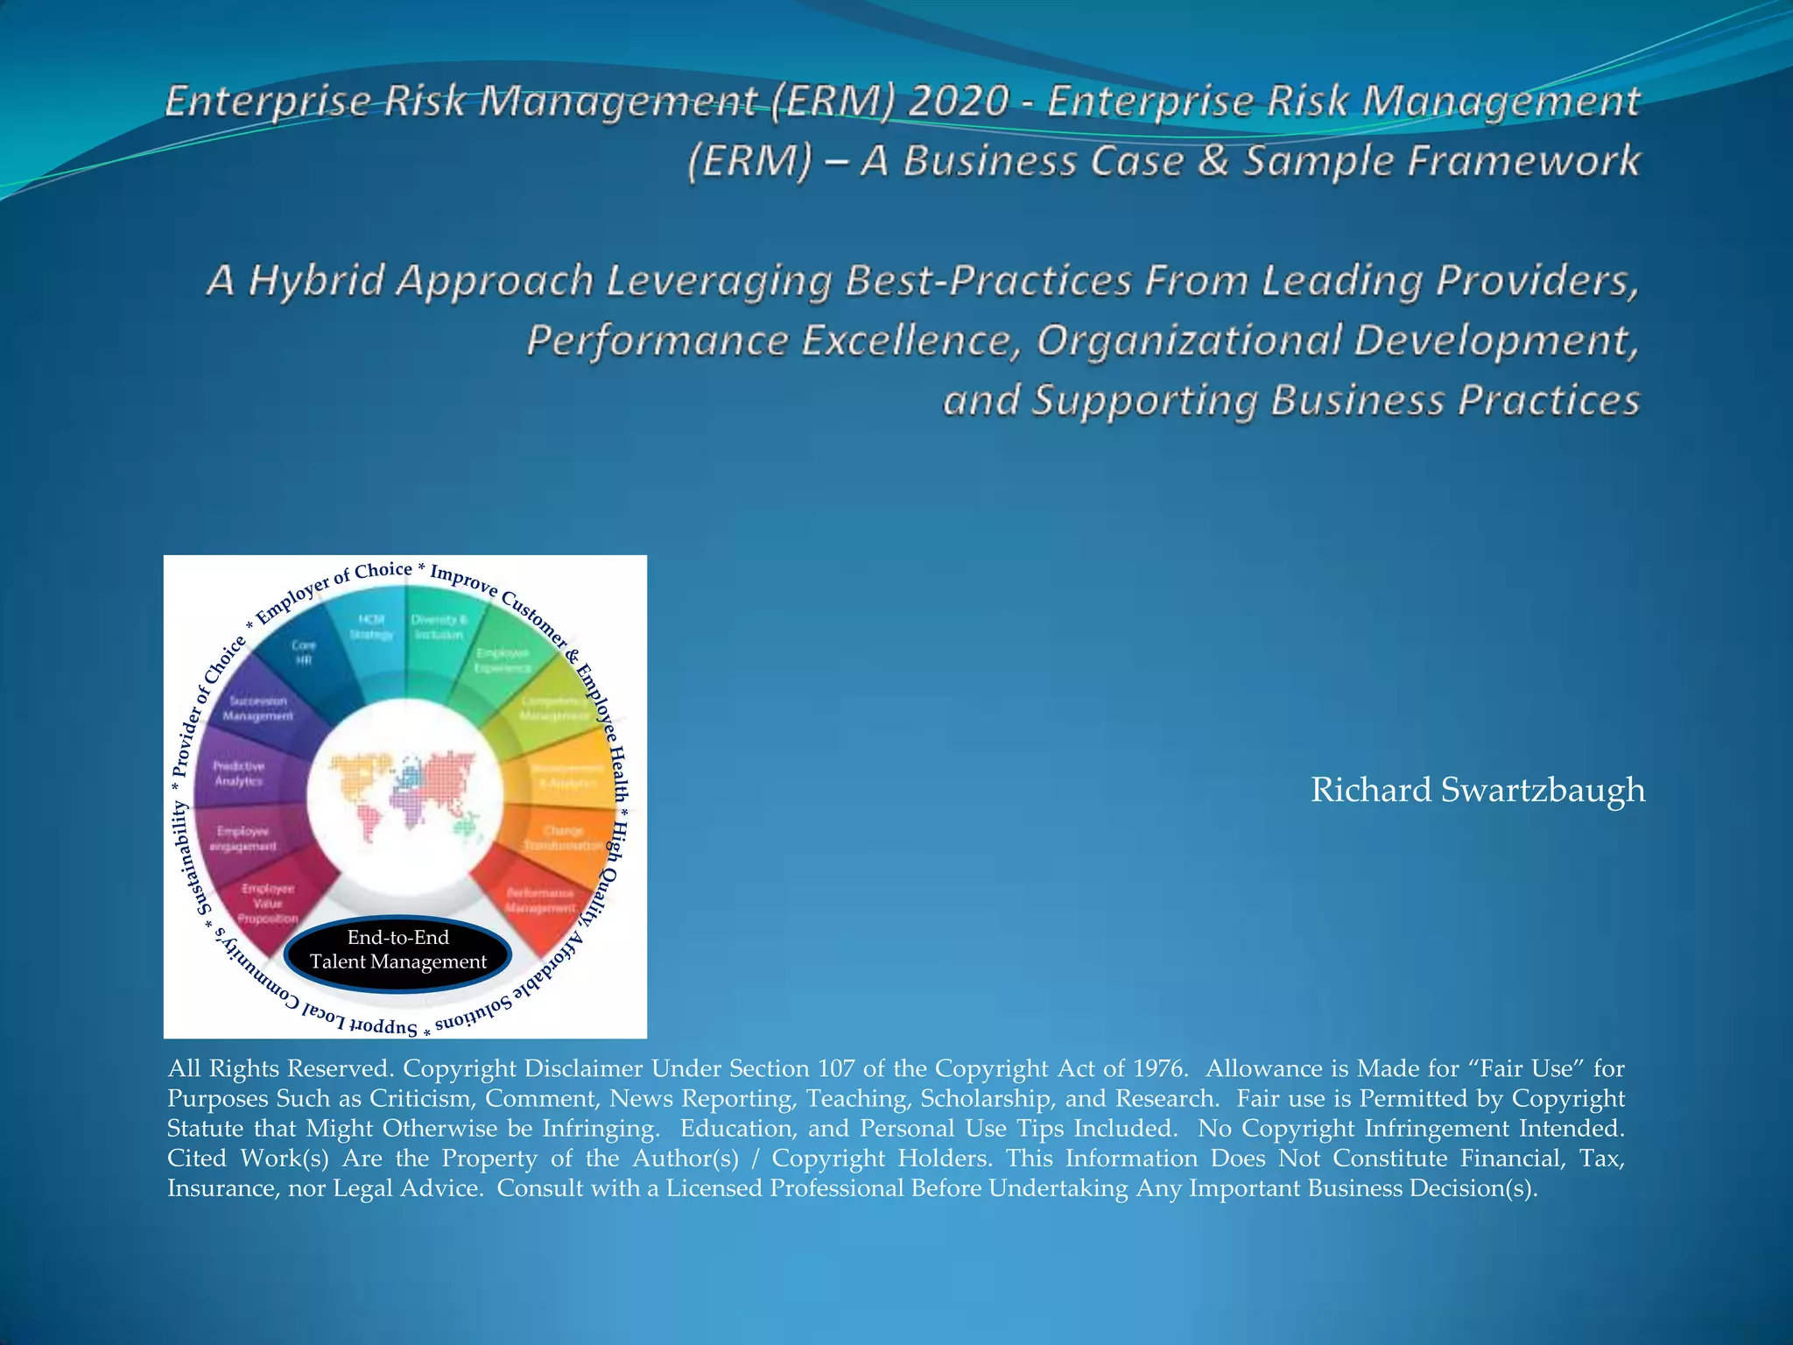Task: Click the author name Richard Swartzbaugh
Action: (1477, 790)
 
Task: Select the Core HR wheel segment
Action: (303, 652)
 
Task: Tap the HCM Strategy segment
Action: (371, 627)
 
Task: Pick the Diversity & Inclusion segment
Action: (439, 627)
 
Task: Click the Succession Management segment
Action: (257, 708)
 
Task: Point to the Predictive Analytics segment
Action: (238, 773)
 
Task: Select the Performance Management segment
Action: (540, 900)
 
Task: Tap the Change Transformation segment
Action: (562, 838)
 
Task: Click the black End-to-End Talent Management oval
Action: (398, 950)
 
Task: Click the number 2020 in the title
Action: (958, 102)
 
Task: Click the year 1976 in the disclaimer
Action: (1159, 1069)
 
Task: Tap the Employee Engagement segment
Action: (243, 839)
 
